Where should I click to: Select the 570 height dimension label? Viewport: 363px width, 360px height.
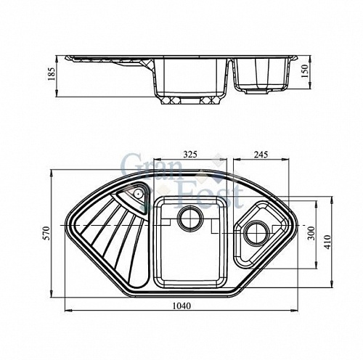click(x=45, y=232)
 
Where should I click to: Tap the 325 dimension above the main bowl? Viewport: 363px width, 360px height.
click(x=190, y=155)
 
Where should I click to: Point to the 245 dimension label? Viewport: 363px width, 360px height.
click(x=263, y=155)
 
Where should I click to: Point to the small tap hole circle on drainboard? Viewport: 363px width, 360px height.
click(x=137, y=194)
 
